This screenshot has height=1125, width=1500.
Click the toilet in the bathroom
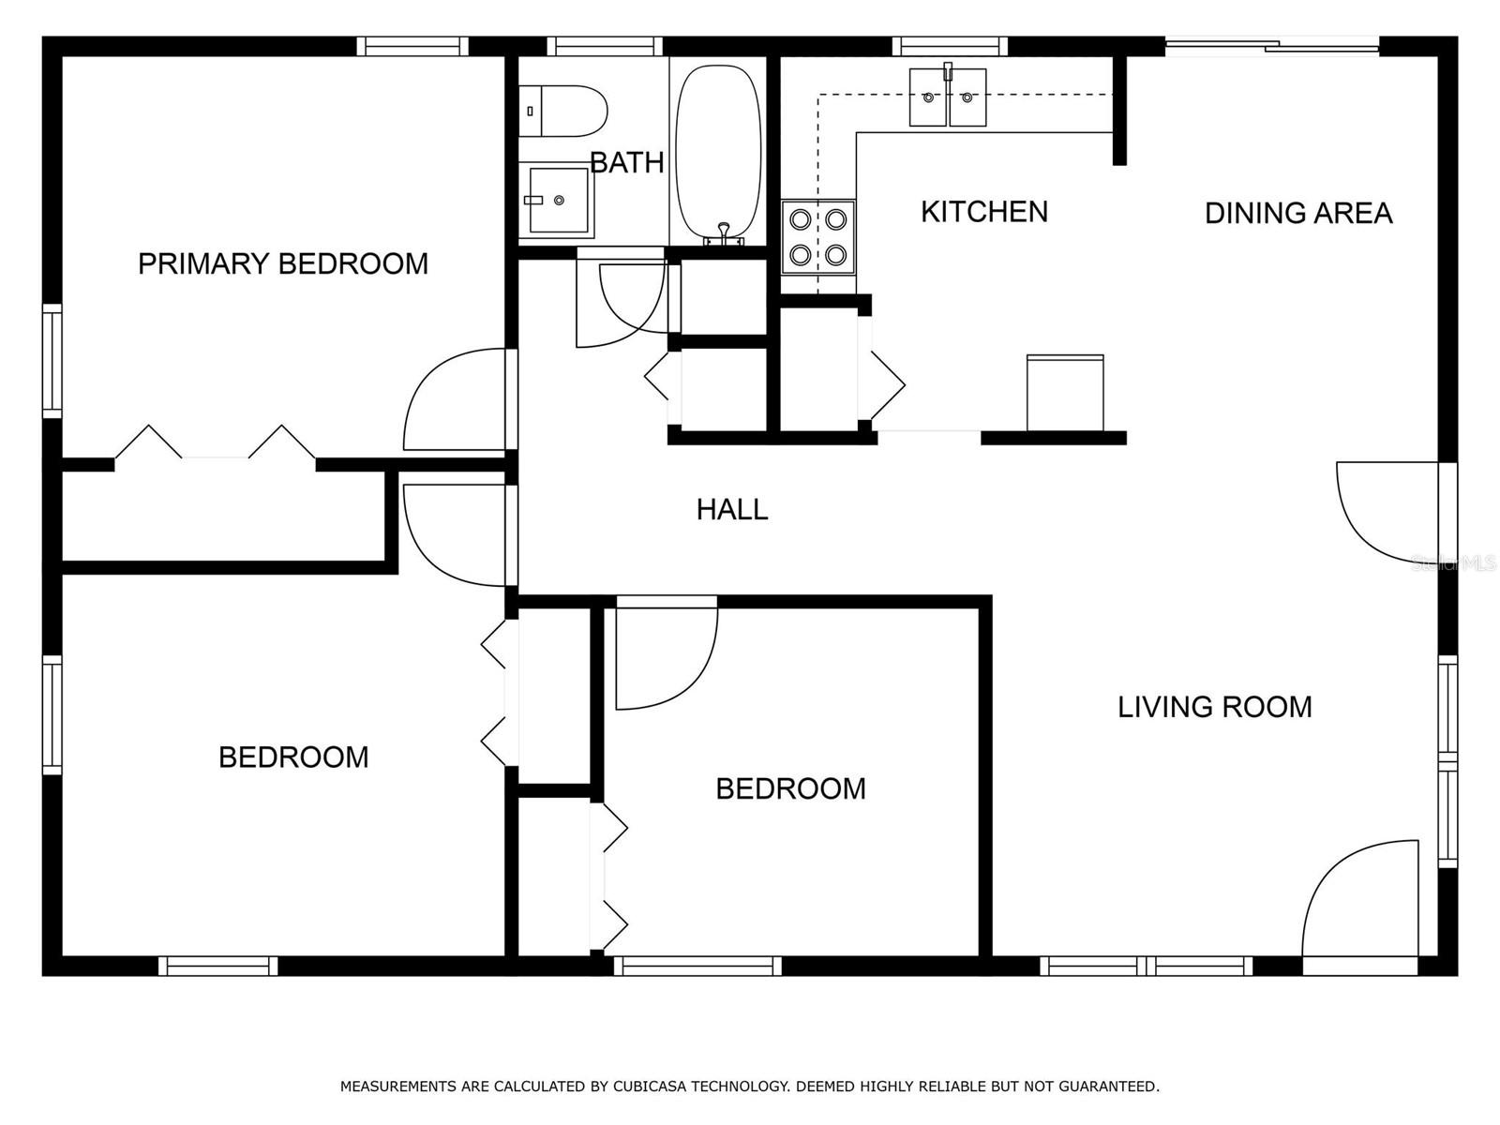point(562,111)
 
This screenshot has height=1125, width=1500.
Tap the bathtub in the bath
point(717,155)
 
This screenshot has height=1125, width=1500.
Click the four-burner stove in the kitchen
point(818,237)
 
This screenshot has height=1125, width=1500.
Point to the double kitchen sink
point(947,97)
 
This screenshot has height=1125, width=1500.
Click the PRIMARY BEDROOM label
point(283,263)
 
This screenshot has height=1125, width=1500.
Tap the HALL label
point(732,510)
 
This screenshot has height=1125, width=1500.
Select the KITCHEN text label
point(984,212)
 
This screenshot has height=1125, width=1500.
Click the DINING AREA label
point(1298,213)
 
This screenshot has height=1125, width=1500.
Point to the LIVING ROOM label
point(1214,707)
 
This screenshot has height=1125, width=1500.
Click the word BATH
point(626,162)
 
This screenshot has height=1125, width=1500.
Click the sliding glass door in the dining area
point(1272,46)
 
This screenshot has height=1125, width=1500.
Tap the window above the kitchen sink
point(949,47)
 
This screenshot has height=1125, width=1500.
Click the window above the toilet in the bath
point(605,47)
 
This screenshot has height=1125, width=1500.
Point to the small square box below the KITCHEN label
point(1065,393)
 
